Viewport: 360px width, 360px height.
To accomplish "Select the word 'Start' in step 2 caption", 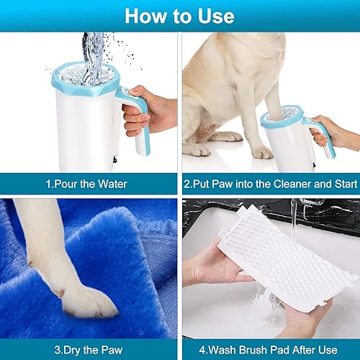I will [338, 184].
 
